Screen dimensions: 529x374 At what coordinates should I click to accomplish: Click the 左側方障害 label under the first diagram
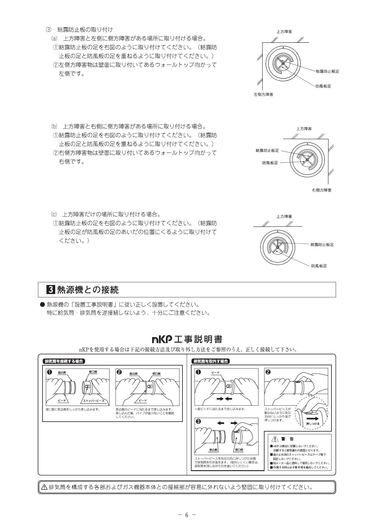(264, 94)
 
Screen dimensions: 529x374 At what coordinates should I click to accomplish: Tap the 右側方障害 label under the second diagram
(322, 190)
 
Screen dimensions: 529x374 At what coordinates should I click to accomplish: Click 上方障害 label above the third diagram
(284, 217)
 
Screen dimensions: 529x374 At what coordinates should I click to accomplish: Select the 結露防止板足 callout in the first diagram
(327, 71)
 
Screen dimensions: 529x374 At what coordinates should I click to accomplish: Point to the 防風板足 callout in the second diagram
(270, 163)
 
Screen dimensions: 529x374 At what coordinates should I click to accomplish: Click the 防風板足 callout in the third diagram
(319, 266)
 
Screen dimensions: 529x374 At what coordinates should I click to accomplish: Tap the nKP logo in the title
(162, 340)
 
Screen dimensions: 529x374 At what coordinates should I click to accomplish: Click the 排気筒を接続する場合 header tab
(64, 361)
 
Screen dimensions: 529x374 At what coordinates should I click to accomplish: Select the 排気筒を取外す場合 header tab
(211, 361)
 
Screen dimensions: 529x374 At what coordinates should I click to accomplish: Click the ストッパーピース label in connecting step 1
(94, 401)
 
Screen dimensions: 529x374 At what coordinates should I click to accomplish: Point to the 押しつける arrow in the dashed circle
(313, 419)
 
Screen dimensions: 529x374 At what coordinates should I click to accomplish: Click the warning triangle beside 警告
(274, 439)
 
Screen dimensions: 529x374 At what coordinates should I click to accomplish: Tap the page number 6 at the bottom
(187, 515)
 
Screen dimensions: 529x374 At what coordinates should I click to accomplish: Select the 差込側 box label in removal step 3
(213, 450)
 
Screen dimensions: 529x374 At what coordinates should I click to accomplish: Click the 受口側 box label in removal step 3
(239, 450)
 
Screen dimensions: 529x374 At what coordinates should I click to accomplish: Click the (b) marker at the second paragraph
(54, 126)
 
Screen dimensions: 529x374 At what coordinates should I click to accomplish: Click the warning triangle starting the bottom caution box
(44, 487)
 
